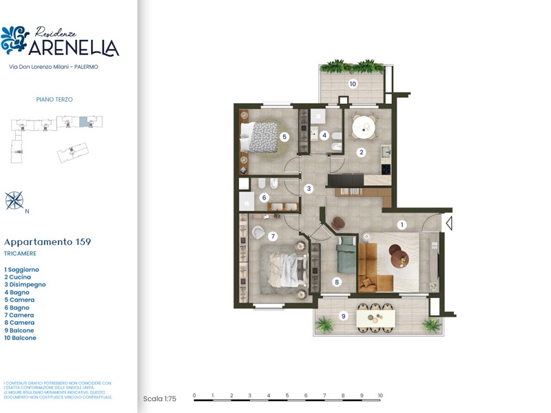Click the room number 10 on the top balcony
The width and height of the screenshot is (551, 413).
[x=353, y=84]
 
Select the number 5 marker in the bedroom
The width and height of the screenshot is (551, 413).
[x=284, y=137]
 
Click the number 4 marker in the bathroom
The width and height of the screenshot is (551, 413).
[x=324, y=135]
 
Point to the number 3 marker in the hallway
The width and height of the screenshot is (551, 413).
[x=309, y=188]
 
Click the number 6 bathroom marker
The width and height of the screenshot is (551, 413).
[x=264, y=198]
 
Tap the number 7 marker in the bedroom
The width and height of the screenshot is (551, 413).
[x=273, y=236]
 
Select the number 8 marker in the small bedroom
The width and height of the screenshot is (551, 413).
[x=336, y=282]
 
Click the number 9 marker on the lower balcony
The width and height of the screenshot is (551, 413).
[x=343, y=316]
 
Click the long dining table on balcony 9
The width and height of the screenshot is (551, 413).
[x=375, y=317]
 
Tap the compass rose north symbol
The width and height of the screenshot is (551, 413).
[x=14, y=200]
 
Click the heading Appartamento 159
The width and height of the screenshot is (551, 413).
[x=48, y=242]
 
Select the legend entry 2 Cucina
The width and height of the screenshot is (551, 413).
[x=18, y=277]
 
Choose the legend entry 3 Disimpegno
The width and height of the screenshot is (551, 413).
[x=25, y=284]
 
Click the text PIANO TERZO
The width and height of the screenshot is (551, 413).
[x=54, y=100]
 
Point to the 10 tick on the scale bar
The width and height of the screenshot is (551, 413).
[x=380, y=396]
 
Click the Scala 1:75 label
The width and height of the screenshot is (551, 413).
[x=160, y=399]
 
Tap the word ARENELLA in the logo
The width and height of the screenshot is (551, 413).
[x=74, y=47]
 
